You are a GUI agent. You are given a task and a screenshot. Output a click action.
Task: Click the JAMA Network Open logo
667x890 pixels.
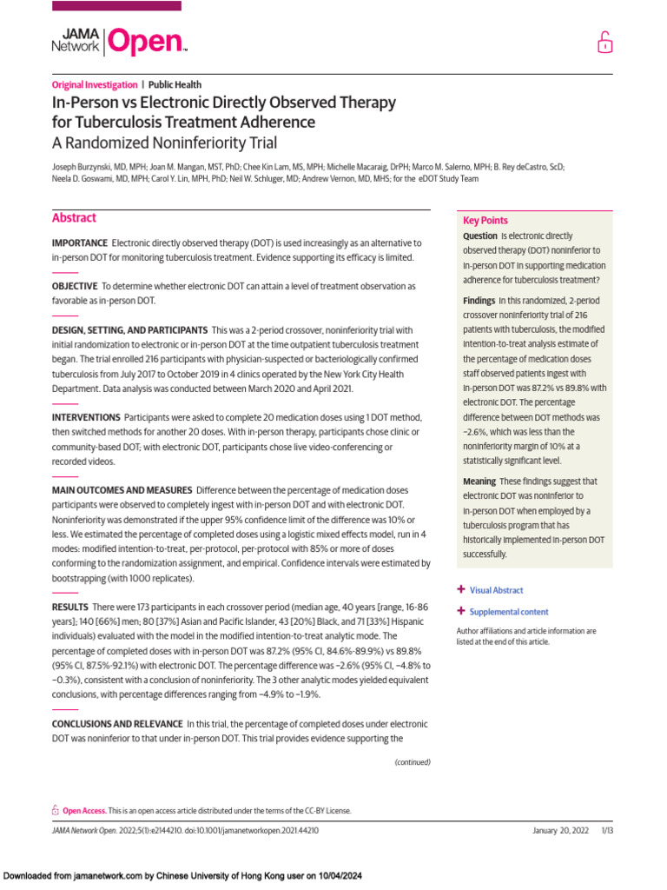[119, 41]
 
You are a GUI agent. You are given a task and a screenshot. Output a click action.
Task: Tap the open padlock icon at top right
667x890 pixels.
[604, 42]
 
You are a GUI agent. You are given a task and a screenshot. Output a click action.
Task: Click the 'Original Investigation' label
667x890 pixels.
[95, 85]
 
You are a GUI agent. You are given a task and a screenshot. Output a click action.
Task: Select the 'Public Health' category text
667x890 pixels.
[175, 85]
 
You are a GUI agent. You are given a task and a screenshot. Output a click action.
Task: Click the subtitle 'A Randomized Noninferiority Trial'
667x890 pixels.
[164, 143]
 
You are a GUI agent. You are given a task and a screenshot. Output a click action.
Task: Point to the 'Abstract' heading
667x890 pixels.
[74, 218]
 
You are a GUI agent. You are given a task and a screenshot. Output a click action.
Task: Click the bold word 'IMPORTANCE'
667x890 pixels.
[79, 243]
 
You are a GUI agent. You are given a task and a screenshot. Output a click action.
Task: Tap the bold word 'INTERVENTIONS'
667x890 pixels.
[85, 418]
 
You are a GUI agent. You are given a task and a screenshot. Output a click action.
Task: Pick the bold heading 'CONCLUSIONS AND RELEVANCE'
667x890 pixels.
[117, 724]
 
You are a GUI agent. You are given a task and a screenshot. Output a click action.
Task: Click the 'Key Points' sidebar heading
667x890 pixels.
[485, 221]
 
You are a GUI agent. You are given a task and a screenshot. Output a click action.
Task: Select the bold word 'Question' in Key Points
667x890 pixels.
[479, 236]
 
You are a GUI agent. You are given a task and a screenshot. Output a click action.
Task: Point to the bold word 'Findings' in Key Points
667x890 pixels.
[479, 301]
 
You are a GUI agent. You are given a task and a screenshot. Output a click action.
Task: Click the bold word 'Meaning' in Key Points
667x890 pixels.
[479, 482]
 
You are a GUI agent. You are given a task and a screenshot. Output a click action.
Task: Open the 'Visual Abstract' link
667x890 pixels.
[496, 590]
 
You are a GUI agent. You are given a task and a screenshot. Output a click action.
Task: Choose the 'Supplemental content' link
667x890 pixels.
[508, 612]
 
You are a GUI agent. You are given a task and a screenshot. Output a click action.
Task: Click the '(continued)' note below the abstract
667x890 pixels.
[412, 762]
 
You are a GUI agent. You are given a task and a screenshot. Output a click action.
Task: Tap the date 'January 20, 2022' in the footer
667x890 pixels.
[560, 831]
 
